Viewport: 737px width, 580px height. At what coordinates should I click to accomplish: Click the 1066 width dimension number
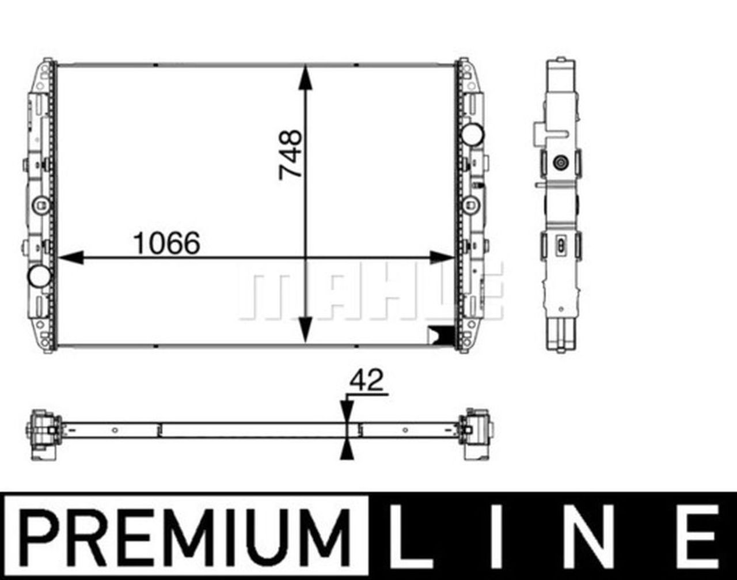coord(166,243)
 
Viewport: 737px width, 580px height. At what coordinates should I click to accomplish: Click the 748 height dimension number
coord(290,155)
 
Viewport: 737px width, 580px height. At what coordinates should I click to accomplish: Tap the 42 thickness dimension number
coord(366,381)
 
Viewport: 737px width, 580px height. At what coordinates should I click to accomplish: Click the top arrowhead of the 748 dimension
coord(305,78)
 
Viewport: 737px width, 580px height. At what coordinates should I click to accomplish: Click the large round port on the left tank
coord(39,276)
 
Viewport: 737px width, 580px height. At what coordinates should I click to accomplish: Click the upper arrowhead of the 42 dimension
coord(346,412)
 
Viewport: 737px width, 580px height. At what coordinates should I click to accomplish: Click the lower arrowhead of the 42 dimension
coord(346,449)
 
